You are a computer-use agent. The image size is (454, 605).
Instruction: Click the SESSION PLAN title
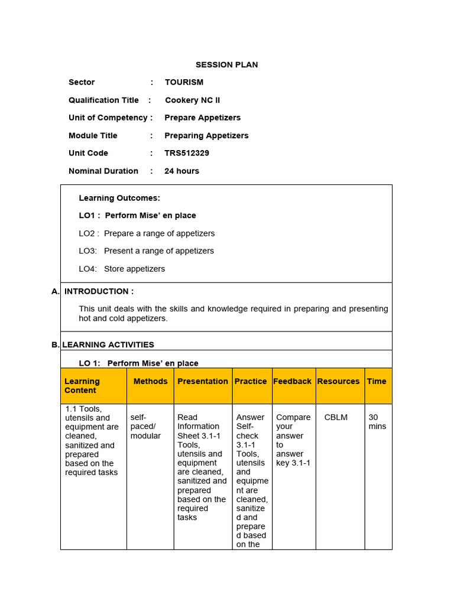[x=226, y=64]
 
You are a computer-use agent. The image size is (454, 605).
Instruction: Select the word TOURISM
[x=184, y=82]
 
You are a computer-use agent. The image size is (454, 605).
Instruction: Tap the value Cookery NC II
[x=192, y=100]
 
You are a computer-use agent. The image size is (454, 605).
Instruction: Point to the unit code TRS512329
[x=187, y=153]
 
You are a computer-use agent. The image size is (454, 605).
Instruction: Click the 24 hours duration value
[x=181, y=171]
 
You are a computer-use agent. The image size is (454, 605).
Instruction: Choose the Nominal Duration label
[x=103, y=171]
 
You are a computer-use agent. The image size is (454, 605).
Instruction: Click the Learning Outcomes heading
[x=119, y=198]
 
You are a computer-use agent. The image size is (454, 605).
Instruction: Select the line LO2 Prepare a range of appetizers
[x=147, y=233]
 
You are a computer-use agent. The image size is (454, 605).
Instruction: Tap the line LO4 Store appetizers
[x=122, y=269]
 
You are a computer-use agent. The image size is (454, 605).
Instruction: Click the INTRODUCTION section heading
[x=99, y=291]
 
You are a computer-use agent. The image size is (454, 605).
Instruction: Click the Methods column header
[x=150, y=381]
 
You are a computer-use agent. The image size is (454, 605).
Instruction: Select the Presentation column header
[x=203, y=381]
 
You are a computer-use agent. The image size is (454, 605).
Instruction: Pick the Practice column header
[x=251, y=381]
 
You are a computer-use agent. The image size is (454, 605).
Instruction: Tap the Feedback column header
[x=292, y=381]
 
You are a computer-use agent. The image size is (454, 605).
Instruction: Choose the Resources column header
[x=338, y=381]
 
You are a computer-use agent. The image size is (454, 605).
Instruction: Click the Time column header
[x=377, y=381]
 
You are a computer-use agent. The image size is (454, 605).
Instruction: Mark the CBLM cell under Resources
[x=336, y=417]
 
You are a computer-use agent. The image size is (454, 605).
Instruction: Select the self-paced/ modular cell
[x=145, y=427]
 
